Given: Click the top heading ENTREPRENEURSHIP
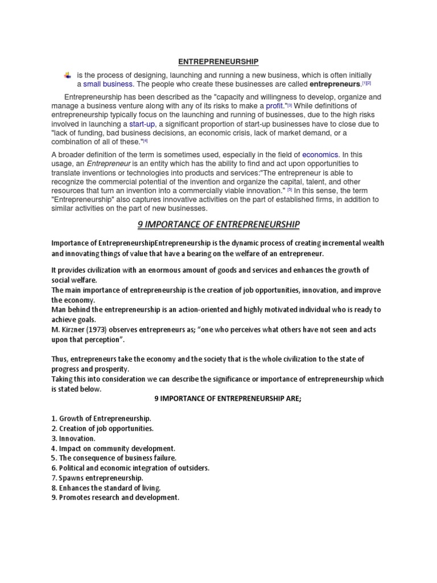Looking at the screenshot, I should pyautogui.click(x=218, y=61).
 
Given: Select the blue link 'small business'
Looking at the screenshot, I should pyautogui.click(x=109, y=84).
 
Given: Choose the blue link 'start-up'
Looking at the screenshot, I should pyautogui.click(x=142, y=124).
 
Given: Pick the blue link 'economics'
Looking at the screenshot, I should pyautogui.click(x=320, y=154).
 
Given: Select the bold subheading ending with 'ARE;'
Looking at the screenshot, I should pyautogui.click(x=218, y=399).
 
